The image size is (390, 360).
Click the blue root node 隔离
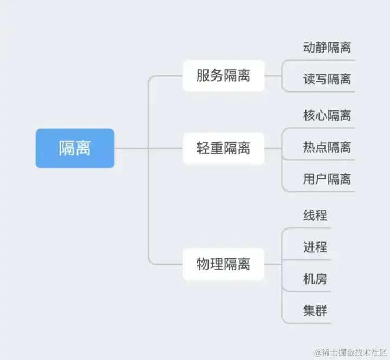75,148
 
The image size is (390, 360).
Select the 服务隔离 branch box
223,76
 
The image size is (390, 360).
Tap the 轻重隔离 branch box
223,148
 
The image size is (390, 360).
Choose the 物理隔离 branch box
223,264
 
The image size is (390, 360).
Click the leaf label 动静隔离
327,47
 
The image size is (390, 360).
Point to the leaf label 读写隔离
327,80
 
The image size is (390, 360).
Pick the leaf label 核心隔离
327,115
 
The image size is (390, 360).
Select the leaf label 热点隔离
327,147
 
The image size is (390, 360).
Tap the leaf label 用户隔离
327,179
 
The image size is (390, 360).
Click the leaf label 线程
315,215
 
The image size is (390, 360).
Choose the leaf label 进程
315,247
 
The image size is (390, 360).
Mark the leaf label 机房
315,279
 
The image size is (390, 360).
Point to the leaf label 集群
315,311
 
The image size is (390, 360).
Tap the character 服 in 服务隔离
203,76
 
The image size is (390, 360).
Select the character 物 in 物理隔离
203,264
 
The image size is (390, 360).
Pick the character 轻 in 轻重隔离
203,148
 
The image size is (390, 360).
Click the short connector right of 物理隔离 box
273,264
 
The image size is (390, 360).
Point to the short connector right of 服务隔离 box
273,76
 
